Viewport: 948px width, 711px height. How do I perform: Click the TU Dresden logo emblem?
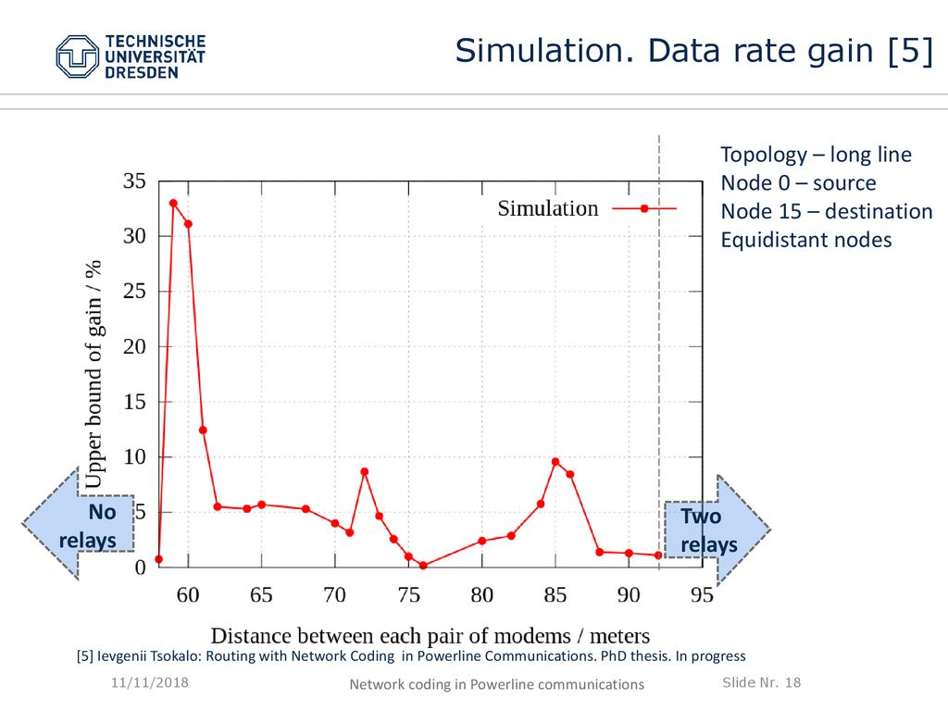[x=78, y=56]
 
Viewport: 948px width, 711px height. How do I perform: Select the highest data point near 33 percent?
[x=173, y=203]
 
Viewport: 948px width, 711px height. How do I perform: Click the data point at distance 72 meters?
[x=365, y=471]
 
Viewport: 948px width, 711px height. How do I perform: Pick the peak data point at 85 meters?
[x=555, y=462]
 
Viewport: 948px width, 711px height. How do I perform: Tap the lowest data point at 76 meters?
[x=423, y=566]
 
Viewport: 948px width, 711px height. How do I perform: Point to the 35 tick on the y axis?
[x=134, y=181]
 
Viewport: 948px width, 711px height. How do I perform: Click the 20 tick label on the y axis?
[x=134, y=346]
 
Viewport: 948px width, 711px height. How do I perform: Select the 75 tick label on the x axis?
[x=408, y=595]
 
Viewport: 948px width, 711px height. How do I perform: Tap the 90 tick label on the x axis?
[x=629, y=595]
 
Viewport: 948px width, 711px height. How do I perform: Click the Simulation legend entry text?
[x=548, y=208]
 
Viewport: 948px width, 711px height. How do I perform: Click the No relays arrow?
[x=78, y=524]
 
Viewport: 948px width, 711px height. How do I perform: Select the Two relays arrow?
[x=717, y=530]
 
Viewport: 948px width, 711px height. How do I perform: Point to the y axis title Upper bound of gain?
[x=94, y=374]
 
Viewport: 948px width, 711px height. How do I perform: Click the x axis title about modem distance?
[x=430, y=635]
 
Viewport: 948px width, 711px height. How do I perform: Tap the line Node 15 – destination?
[x=827, y=212]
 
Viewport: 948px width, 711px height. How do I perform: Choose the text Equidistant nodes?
[x=806, y=240]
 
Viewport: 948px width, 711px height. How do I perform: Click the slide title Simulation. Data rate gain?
[x=694, y=50]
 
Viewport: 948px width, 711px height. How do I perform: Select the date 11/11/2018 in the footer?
[x=150, y=682]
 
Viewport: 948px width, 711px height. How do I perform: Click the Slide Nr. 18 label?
[x=761, y=682]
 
